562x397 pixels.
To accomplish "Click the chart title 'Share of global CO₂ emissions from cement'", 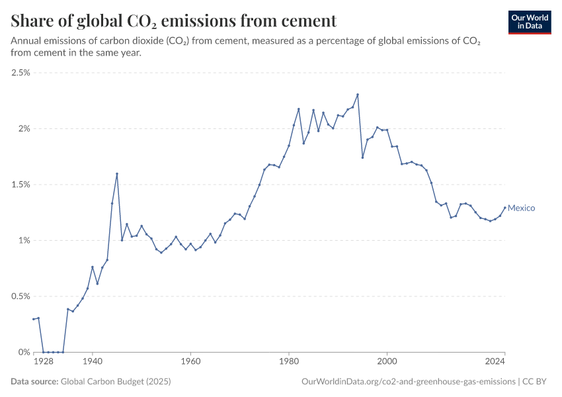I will pos(174,21).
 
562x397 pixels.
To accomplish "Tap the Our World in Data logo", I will pos(530,21).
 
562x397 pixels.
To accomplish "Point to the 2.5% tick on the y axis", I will pos(20,73).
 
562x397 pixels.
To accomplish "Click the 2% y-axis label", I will pos(24,128).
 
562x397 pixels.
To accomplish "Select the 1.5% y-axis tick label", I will pos(20,185).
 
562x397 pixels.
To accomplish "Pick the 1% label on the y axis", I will pos(24,240).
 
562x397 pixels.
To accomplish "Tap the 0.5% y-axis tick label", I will pos(20,296).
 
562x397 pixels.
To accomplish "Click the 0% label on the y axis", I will pos(24,352).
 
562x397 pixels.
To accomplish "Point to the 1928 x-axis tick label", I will pos(43,362).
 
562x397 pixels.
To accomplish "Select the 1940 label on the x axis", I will pos(93,362).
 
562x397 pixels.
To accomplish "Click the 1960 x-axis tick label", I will pos(190,362).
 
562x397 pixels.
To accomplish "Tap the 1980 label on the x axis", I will pos(288,362).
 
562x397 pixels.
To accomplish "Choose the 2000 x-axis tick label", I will pos(387,362).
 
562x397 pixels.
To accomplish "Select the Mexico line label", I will pos(521,208).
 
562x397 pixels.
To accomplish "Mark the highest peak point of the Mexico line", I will pos(358,95).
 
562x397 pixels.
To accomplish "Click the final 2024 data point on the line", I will pos(504,208).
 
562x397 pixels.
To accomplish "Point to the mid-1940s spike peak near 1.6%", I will pos(117,174).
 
